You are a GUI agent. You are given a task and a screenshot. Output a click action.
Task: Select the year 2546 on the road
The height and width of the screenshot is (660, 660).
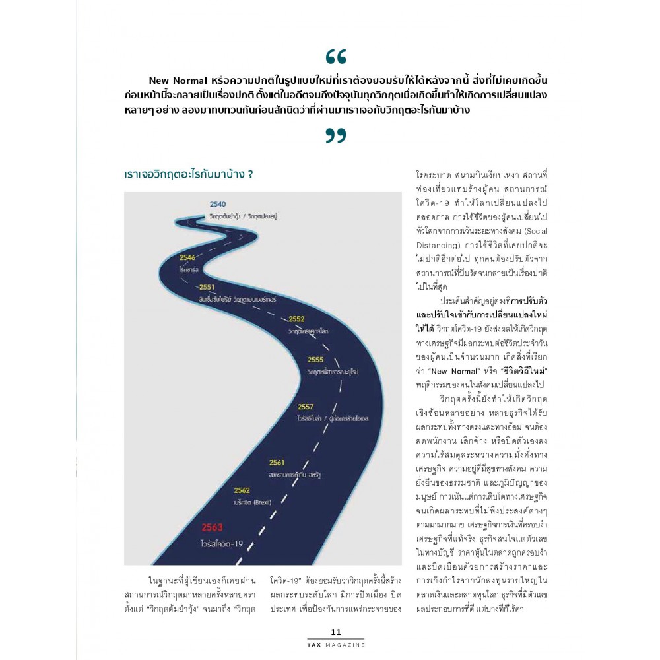[187, 257]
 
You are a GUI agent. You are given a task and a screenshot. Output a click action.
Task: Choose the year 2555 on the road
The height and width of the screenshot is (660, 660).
[315, 360]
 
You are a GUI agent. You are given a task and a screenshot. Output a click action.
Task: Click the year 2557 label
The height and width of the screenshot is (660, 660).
[306, 407]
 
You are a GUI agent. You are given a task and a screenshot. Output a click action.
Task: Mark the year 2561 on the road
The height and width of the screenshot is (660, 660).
[277, 462]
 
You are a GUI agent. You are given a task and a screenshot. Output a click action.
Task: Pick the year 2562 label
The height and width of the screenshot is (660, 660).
[242, 490]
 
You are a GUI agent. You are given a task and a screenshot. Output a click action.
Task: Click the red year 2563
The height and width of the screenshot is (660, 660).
[213, 527]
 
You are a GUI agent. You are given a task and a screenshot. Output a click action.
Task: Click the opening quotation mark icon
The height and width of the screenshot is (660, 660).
[335, 57]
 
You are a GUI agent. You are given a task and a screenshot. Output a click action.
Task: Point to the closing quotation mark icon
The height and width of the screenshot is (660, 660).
[335, 135]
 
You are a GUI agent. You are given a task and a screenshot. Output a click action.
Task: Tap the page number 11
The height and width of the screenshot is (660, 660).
[336, 632]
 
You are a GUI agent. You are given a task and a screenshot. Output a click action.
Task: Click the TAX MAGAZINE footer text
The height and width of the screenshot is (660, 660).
[336, 644]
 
